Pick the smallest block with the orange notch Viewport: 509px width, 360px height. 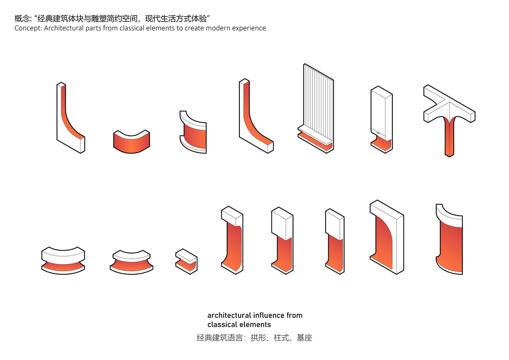click(x=186, y=261)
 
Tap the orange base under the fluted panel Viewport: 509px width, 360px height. click(x=313, y=141)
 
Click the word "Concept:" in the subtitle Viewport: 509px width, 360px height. click(x=28, y=28)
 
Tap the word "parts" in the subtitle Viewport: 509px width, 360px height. click(x=93, y=28)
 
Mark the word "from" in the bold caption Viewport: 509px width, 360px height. click(x=294, y=315)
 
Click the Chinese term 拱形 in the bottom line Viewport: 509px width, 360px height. click(x=258, y=338)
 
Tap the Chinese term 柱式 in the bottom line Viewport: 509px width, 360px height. click(x=281, y=338)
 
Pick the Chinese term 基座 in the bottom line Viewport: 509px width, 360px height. click(x=304, y=338)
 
